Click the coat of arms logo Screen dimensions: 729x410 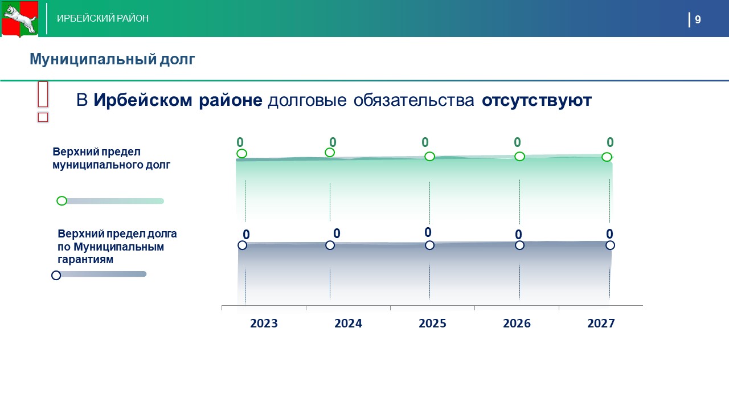tap(20, 19)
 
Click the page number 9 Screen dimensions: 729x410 tap(698, 19)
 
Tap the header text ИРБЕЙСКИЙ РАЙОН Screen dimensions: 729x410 tap(103, 18)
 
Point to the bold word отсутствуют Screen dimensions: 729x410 tap(536, 100)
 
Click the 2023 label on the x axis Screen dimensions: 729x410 tap(264, 323)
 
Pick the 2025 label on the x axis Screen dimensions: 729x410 tap(432, 323)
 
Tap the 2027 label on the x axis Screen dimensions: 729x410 tap(601, 323)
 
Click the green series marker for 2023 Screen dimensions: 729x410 tap(241, 154)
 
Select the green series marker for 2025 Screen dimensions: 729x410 tap(429, 156)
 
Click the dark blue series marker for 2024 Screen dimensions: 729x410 tap(330, 245)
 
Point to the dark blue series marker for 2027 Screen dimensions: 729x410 tap(610, 245)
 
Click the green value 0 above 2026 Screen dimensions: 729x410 tap(517, 142)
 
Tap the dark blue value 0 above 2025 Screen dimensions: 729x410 tap(428, 232)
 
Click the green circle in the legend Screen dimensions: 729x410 tap(62, 201)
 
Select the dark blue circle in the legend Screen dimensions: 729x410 tap(56, 275)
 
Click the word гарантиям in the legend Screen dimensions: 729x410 tap(85, 260)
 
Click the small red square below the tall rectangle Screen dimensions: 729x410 tap(43, 117)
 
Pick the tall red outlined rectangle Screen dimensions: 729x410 tap(43, 95)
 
